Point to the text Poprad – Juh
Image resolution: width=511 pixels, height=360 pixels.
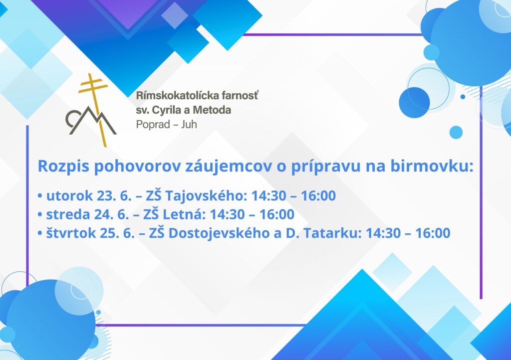pyautogui.click(x=167, y=124)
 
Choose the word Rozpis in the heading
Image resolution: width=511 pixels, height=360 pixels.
pyautogui.click(x=63, y=167)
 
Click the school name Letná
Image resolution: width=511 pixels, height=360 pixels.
pyautogui.click(x=184, y=214)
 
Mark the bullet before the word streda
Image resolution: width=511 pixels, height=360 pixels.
pyautogui.click(x=40, y=215)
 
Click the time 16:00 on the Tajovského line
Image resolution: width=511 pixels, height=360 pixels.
pyautogui.click(x=318, y=195)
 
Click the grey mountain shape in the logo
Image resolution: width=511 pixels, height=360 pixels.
pyautogui.click(x=91, y=121)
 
